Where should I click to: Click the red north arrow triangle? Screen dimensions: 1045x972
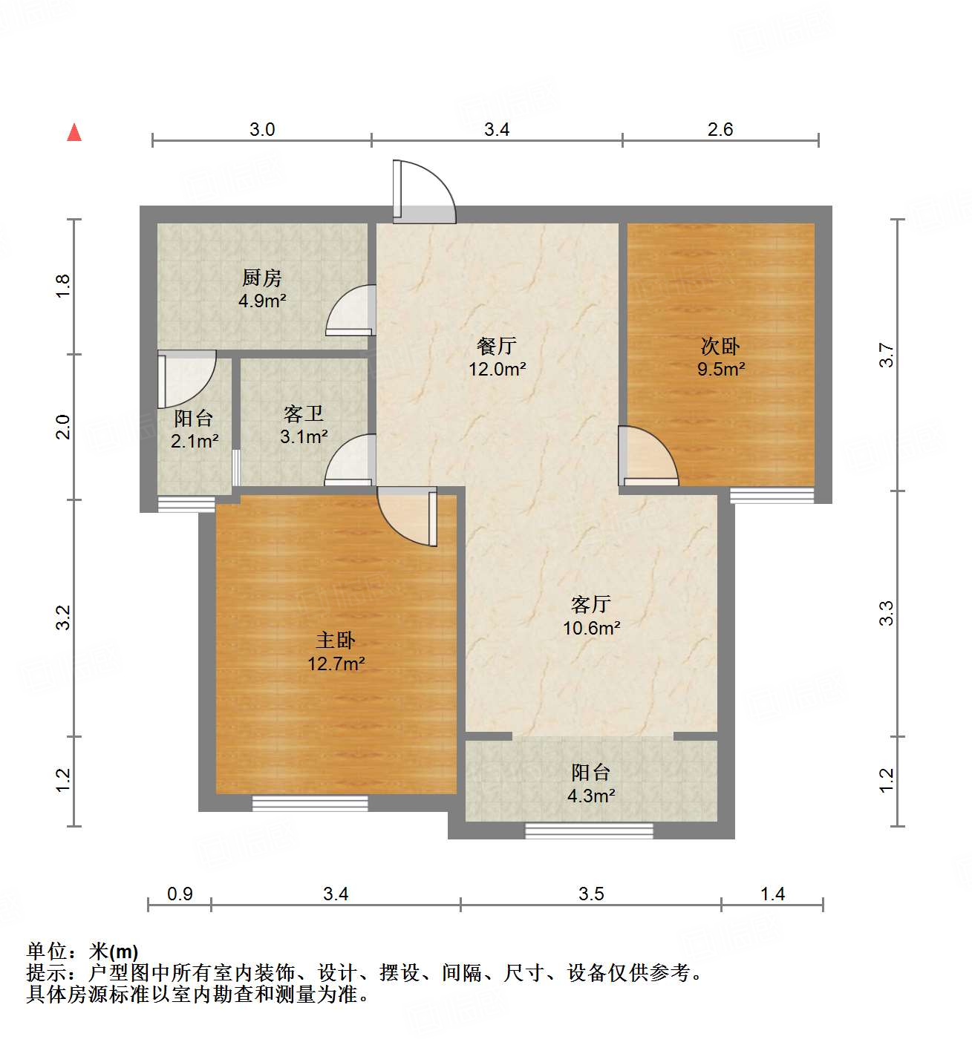click(x=74, y=132)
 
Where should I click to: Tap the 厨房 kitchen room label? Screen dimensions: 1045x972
click(x=262, y=278)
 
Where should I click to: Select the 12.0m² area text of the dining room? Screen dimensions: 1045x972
click(x=497, y=369)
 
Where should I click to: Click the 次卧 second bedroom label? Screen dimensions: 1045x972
click(x=720, y=346)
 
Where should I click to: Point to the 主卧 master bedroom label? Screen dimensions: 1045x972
click(x=336, y=641)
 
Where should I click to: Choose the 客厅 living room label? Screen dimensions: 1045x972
click(x=591, y=604)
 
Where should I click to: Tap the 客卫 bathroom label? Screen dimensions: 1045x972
click(x=304, y=413)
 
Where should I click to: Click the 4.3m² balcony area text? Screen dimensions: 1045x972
click(x=591, y=796)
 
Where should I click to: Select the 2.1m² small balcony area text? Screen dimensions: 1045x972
click(x=195, y=442)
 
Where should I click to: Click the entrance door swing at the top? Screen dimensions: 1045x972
click(x=422, y=192)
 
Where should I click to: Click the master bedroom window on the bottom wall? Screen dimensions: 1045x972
click(x=310, y=803)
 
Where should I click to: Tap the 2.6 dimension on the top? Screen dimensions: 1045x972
click(x=720, y=130)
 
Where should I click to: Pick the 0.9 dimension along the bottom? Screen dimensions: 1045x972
click(x=180, y=894)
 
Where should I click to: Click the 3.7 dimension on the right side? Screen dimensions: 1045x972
click(x=887, y=355)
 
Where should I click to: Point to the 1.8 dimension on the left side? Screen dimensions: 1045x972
click(x=63, y=286)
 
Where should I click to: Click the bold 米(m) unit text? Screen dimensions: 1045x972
click(x=114, y=951)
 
